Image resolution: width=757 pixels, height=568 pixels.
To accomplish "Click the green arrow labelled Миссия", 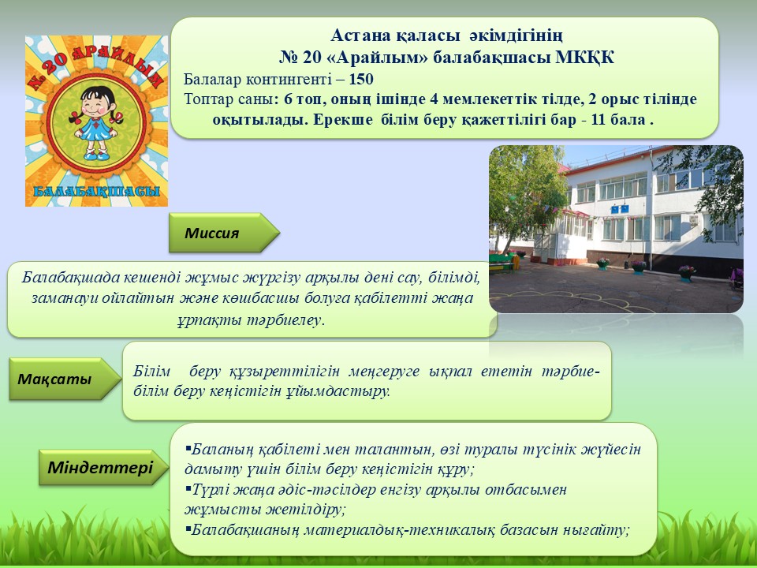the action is click(224, 233).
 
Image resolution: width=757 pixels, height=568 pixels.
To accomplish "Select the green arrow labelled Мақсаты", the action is click(65, 379).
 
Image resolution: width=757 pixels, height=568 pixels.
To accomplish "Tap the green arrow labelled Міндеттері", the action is click(103, 467).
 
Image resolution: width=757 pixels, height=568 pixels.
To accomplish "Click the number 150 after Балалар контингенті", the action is click(361, 79).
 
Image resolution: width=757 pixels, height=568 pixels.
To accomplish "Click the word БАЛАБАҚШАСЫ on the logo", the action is click(96, 191).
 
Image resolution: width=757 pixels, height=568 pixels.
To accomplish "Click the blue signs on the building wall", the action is click(620, 209).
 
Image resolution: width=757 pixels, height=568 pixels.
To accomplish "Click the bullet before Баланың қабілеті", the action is click(188, 449).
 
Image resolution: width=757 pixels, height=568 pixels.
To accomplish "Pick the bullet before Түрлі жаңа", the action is click(188, 489).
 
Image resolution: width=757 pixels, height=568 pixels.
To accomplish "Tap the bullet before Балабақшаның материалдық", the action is click(188, 529).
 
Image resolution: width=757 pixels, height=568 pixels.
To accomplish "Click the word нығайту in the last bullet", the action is click(599, 530).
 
